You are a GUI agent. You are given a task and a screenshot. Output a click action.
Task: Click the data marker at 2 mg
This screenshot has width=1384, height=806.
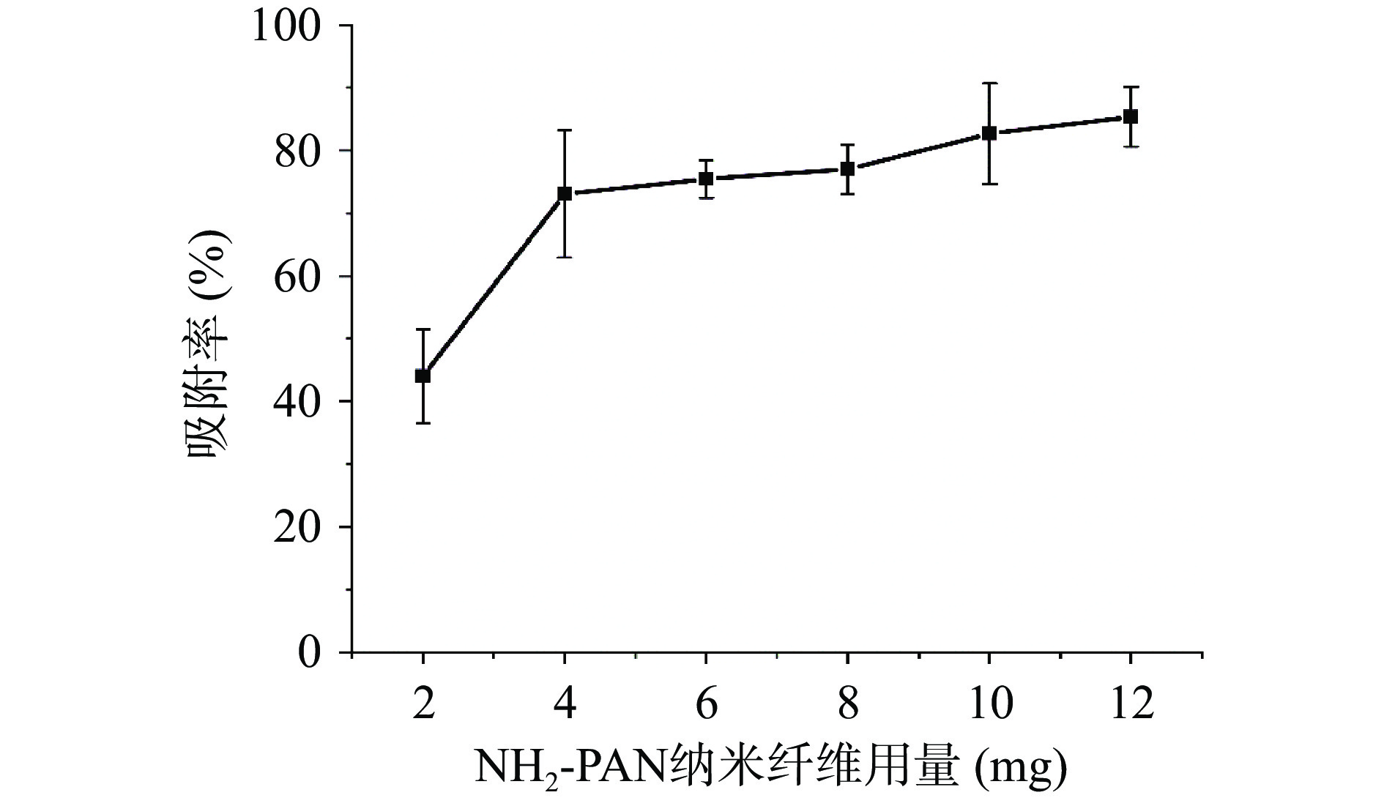click(x=423, y=376)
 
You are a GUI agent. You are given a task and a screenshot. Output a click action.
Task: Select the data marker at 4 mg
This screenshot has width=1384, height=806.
click(x=565, y=193)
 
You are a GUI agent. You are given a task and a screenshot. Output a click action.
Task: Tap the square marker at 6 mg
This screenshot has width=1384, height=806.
click(x=706, y=179)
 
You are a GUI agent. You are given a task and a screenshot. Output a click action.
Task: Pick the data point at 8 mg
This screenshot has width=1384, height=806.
click(x=847, y=169)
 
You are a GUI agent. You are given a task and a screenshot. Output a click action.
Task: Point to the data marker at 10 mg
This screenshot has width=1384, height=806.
click(x=989, y=133)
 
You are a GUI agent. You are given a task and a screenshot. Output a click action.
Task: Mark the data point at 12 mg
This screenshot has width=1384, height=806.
click(x=1131, y=116)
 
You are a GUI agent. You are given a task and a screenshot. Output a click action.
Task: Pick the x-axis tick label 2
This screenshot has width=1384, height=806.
click(x=423, y=704)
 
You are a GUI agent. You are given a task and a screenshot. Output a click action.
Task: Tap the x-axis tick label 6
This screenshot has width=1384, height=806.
click(x=706, y=704)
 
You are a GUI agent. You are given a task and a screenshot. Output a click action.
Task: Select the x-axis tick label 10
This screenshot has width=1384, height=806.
click(x=989, y=704)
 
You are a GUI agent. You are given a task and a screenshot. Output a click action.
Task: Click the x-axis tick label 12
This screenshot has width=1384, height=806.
click(x=1131, y=704)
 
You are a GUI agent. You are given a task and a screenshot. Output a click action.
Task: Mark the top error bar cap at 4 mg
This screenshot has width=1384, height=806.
click(x=565, y=130)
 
